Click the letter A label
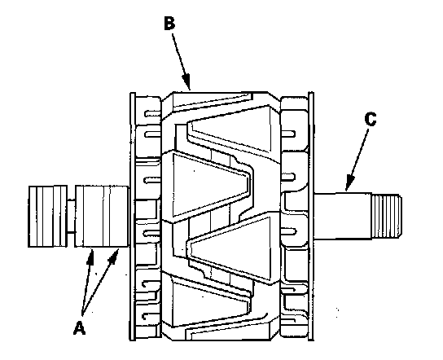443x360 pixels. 79,327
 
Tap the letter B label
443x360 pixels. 169,23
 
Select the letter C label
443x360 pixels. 371,119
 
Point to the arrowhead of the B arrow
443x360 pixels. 186,82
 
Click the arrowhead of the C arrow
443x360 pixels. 350,182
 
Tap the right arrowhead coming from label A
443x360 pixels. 115,255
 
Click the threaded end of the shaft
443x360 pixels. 386,216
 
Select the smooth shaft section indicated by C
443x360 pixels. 343,217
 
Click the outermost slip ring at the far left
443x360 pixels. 47,217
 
